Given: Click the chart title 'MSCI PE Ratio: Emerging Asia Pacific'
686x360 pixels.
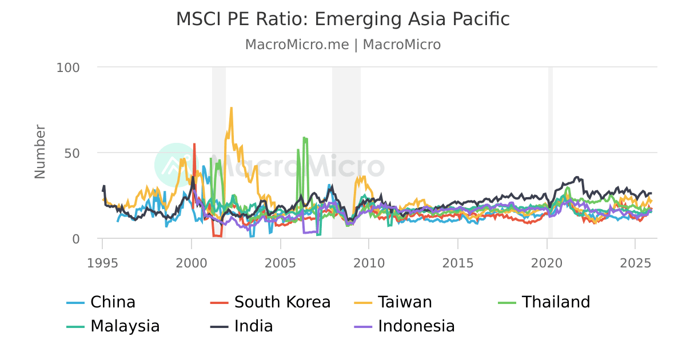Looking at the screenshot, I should (342, 19).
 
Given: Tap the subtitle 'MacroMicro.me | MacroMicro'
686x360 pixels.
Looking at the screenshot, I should (342, 45).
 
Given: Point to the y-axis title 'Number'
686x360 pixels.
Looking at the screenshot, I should (40, 151).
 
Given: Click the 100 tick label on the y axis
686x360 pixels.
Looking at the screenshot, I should (68, 67).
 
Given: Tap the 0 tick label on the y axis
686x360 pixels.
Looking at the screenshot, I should (76, 239).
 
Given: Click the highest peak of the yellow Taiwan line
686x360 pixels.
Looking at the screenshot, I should (231, 107).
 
